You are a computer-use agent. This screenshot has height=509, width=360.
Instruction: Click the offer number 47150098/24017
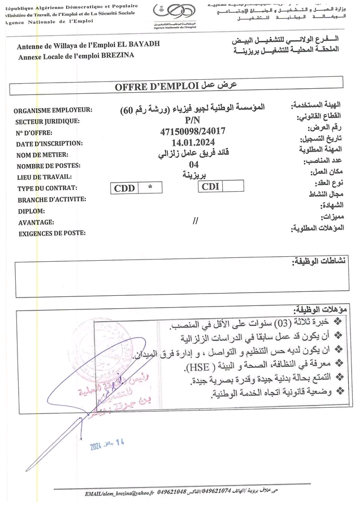(193, 132)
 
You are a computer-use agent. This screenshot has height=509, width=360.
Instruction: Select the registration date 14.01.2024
(193, 143)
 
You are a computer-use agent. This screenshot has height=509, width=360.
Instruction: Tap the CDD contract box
(124, 188)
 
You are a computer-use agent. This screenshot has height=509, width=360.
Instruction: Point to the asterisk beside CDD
(150, 188)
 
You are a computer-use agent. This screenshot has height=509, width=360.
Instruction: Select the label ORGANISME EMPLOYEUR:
(54, 111)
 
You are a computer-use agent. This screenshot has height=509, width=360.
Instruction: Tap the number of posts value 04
(195, 165)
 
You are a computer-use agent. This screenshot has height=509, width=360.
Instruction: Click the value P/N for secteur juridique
(192, 120)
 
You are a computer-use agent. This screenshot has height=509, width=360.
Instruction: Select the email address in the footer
(119, 494)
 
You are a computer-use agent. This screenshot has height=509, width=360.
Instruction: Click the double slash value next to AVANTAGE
(196, 221)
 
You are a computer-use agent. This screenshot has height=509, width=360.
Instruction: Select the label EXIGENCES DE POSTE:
(52, 233)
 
